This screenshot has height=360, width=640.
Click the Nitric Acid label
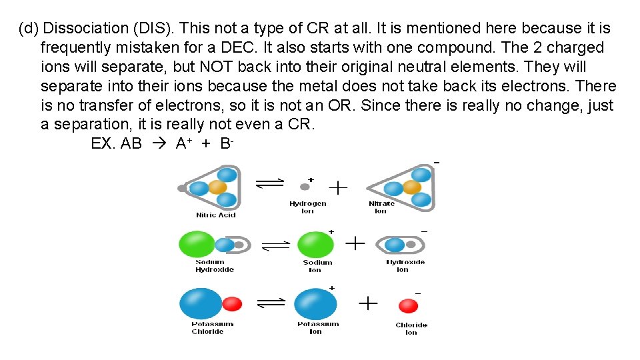[x=215, y=215]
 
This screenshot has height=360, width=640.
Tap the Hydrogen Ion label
[x=307, y=207]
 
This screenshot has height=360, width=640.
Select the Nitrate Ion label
[x=381, y=207]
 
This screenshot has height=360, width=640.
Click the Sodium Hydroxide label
[x=215, y=266]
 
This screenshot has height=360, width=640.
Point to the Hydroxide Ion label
[x=405, y=266]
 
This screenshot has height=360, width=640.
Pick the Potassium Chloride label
[x=213, y=328]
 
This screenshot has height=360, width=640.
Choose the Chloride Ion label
[x=411, y=329]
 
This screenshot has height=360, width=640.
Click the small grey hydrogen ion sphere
[x=305, y=187]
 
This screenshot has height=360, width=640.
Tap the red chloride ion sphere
[x=408, y=306]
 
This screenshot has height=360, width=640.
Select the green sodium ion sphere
[x=315, y=244]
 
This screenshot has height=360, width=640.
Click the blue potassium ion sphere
[x=315, y=304]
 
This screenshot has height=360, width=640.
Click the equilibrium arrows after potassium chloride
[x=271, y=303]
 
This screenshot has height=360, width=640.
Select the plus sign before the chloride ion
[x=368, y=304]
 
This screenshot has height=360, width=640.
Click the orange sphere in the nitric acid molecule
[x=217, y=187]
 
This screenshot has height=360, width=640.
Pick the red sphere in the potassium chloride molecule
[x=231, y=304]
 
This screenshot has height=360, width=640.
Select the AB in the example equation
[x=131, y=143]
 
